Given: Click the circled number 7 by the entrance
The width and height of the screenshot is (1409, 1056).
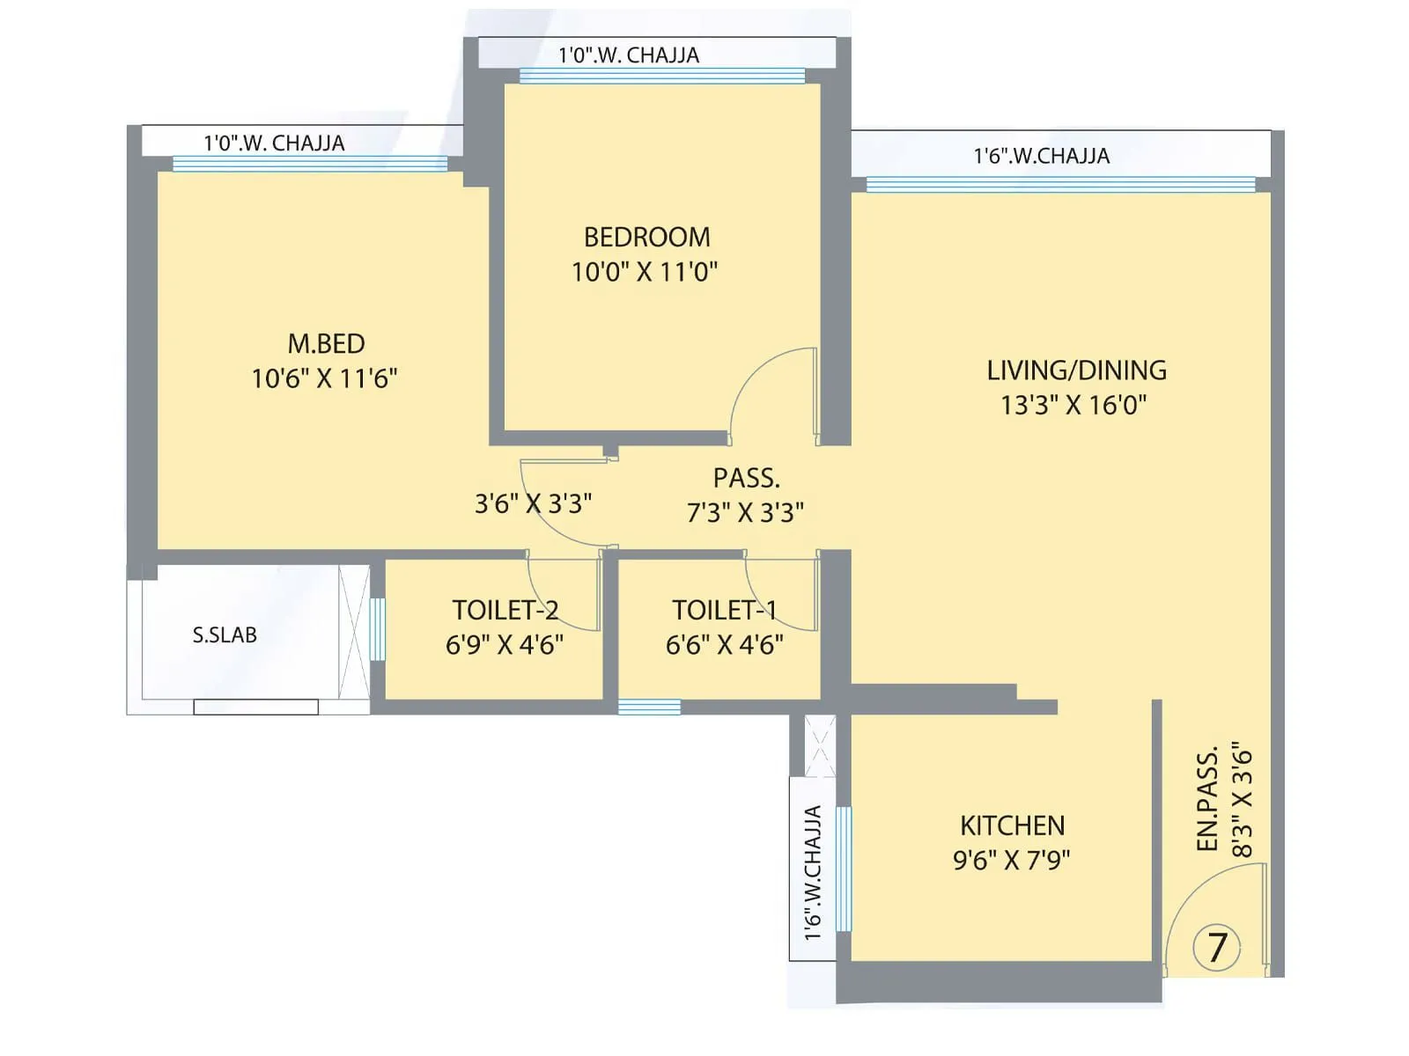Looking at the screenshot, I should tap(1217, 948).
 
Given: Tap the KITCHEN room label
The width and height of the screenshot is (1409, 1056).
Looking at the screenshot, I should tap(1012, 825).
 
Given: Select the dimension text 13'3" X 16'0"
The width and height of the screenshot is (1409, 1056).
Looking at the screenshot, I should tap(1073, 405).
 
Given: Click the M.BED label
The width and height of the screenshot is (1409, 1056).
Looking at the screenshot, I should tap(326, 343).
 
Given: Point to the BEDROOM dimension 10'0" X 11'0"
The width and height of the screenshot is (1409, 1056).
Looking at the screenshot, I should tap(645, 272).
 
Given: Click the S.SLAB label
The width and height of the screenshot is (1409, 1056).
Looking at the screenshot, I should tap(225, 634).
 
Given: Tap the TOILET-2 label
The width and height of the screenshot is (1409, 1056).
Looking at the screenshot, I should tap(505, 610).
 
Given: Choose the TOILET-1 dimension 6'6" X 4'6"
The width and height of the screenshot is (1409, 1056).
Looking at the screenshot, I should tap(724, 645).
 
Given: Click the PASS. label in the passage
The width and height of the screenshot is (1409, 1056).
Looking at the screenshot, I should tap(746, 478).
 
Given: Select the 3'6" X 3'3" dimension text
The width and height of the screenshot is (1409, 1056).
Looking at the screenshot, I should tap(533, 503).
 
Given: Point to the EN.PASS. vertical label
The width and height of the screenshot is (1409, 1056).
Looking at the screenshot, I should tap(1207, 799).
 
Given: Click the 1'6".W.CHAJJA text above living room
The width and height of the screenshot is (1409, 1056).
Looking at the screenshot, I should tap(1041, 156).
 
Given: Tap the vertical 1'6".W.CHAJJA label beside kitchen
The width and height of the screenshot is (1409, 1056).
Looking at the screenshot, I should tap(812, 871).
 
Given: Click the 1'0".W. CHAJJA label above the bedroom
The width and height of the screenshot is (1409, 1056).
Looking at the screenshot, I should tap(629, 55).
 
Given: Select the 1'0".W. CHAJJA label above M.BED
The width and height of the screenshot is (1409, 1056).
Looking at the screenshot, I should tap(274, 143).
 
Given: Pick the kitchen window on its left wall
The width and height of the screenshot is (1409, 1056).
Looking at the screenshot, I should tap(843, 868).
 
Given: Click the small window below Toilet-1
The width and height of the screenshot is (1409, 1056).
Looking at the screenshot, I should tap(649, 707).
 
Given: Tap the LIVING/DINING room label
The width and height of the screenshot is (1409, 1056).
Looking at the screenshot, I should tap(1076, 370).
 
